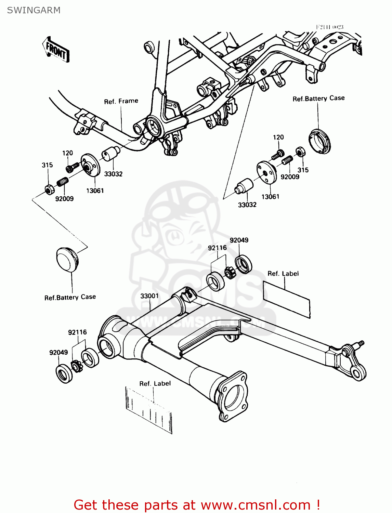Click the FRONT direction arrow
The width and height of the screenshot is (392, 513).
[x=56, y=50]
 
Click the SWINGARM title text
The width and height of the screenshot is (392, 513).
[x=34, y=10]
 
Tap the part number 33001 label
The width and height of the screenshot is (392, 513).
[x=149, y=296]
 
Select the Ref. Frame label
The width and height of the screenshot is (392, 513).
[x=121, y=101]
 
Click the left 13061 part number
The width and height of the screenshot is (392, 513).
[x=95, y=190]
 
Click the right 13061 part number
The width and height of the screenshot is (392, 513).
[x=270, y=197]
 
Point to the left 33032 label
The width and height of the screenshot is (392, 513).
[x=113, y=174]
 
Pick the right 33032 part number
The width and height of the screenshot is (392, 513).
[x=247, y=205]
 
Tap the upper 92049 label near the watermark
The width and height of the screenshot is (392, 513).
[x=239, y=240]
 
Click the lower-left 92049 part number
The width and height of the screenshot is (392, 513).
[x=58, y=352]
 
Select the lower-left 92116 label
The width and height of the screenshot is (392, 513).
[x=77, y=332]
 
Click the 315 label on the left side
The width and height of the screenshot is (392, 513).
[x=47, y=165]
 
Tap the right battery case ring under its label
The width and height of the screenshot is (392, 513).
[x=320, y=141]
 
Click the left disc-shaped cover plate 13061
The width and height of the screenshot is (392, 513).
[x=90, y=166]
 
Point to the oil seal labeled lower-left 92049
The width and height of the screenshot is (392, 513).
[x=64, y=374]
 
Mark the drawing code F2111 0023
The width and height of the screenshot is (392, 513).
[x=329, y=27]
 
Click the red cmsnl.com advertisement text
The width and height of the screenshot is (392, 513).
[x=197, y=505]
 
